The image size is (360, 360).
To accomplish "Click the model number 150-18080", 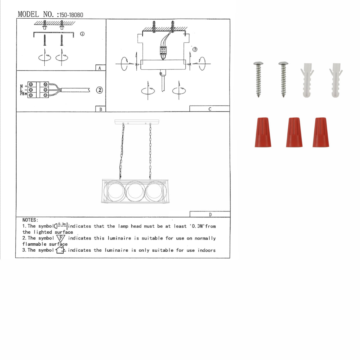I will pos(71,15).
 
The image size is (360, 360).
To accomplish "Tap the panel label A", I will pos(100,68).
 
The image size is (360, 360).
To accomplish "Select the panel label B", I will pos(100,109).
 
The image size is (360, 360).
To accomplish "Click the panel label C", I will pos(210,109).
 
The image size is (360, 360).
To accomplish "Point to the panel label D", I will pos(210,214).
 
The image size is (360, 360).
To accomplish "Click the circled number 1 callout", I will pos(82,34).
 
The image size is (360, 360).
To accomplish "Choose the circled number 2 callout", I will pos(99,90).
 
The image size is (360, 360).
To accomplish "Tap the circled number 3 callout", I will pos(195,49).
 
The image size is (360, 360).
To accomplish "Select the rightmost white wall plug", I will pos(336,80).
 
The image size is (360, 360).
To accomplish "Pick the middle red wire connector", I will pos(294,132).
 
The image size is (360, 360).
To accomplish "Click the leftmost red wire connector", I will pos(263,132).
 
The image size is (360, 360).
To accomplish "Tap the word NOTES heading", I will pos(30,220).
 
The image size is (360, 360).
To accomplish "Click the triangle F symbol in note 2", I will pos(61,238).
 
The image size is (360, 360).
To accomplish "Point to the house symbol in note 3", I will pos(60,250).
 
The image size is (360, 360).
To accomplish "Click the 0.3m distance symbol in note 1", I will pos(61,226).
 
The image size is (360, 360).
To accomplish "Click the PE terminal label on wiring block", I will pos(23,94).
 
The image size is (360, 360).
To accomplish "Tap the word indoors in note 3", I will pos(206,250).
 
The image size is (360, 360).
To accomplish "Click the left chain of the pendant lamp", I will pos(122,151).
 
